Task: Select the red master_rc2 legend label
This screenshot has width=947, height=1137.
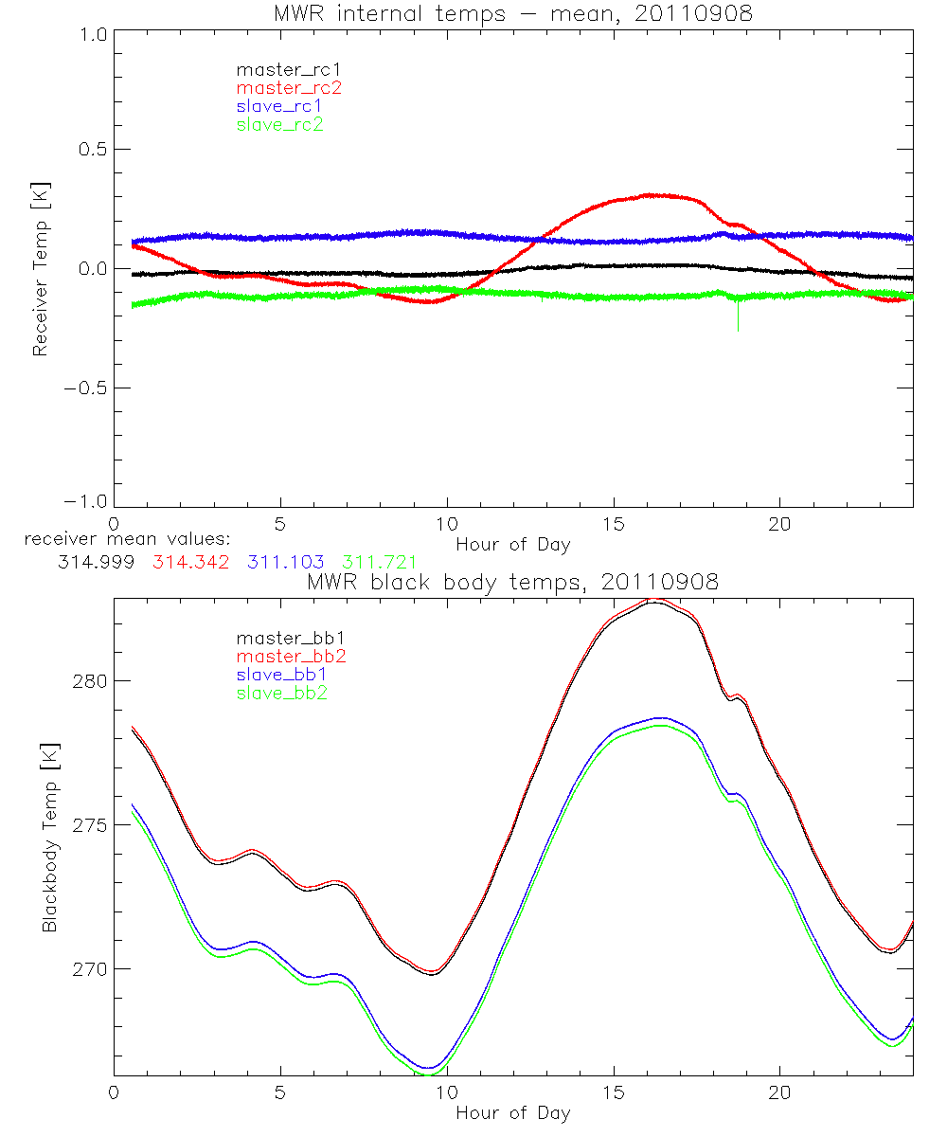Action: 288,87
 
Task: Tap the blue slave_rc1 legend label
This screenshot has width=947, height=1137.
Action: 279,106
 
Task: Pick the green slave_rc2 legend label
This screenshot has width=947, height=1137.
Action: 279,124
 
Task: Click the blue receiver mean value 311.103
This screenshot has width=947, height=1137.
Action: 280,562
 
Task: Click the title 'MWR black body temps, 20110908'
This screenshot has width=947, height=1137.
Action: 512,582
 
